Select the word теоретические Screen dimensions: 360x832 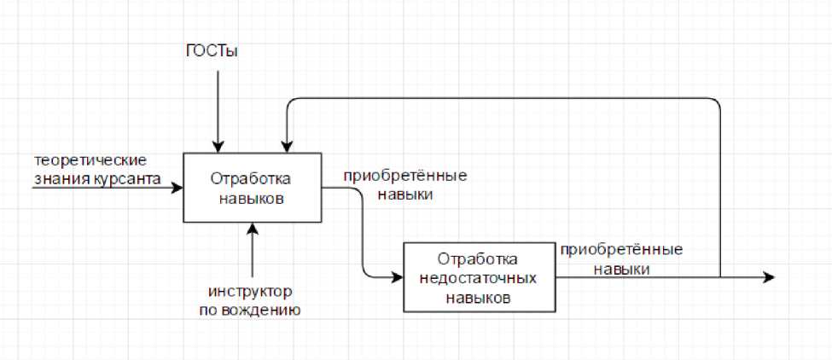click(91, 160)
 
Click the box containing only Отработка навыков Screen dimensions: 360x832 click(253, 188)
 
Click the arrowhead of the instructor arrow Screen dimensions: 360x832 click(253, 228)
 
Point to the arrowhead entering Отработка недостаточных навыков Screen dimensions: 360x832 click(397, 277)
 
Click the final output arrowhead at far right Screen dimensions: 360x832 click(769, 277)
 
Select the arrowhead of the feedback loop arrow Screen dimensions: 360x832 click(287, 147)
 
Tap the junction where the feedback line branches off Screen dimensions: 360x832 click(720, 277)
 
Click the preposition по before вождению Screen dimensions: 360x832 click(210, 311)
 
